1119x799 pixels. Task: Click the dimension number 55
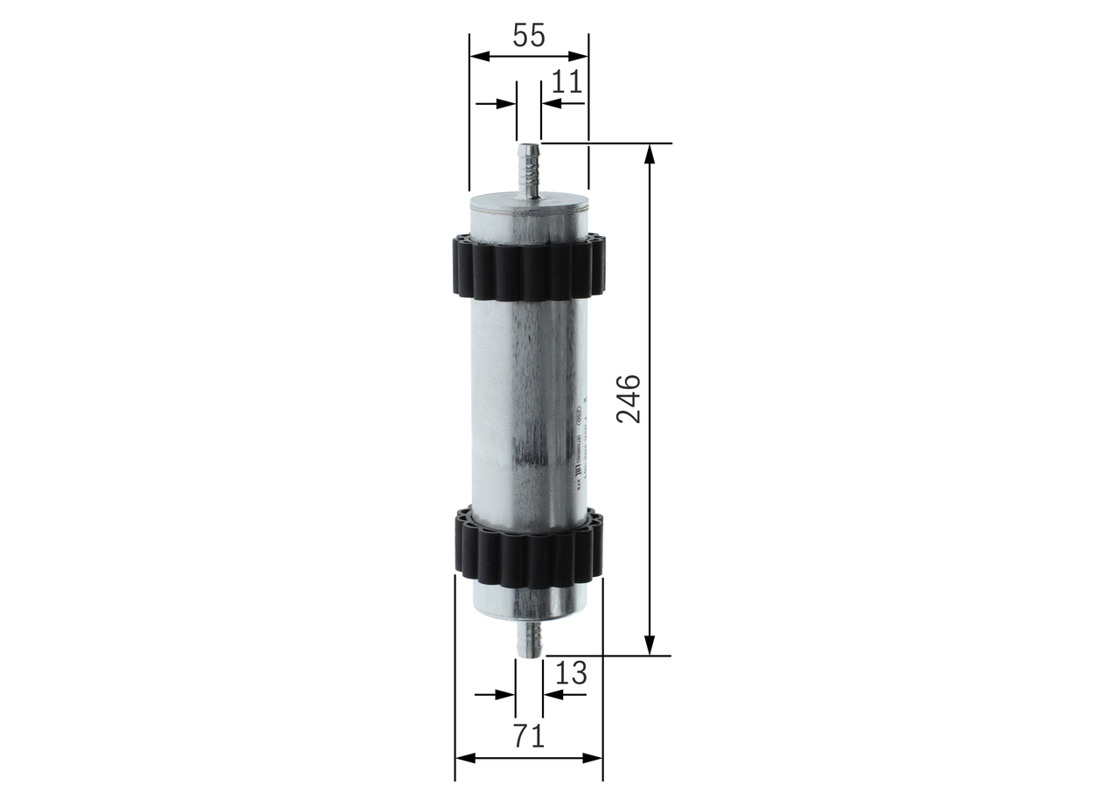coord(528,36)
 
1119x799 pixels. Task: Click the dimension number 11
coord(566,82)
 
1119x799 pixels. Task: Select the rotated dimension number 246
coord(629,399)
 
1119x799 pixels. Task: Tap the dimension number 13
coord(570,674)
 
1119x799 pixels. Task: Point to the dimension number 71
coord(528,736)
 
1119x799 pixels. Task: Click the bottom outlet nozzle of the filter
coord(529,637)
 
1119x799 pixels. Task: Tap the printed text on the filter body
coord(577,446)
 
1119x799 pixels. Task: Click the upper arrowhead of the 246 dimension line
coord(649,153)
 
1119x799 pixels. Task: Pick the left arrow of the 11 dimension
coord(506,103)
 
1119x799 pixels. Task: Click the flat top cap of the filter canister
coord(528,205)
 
